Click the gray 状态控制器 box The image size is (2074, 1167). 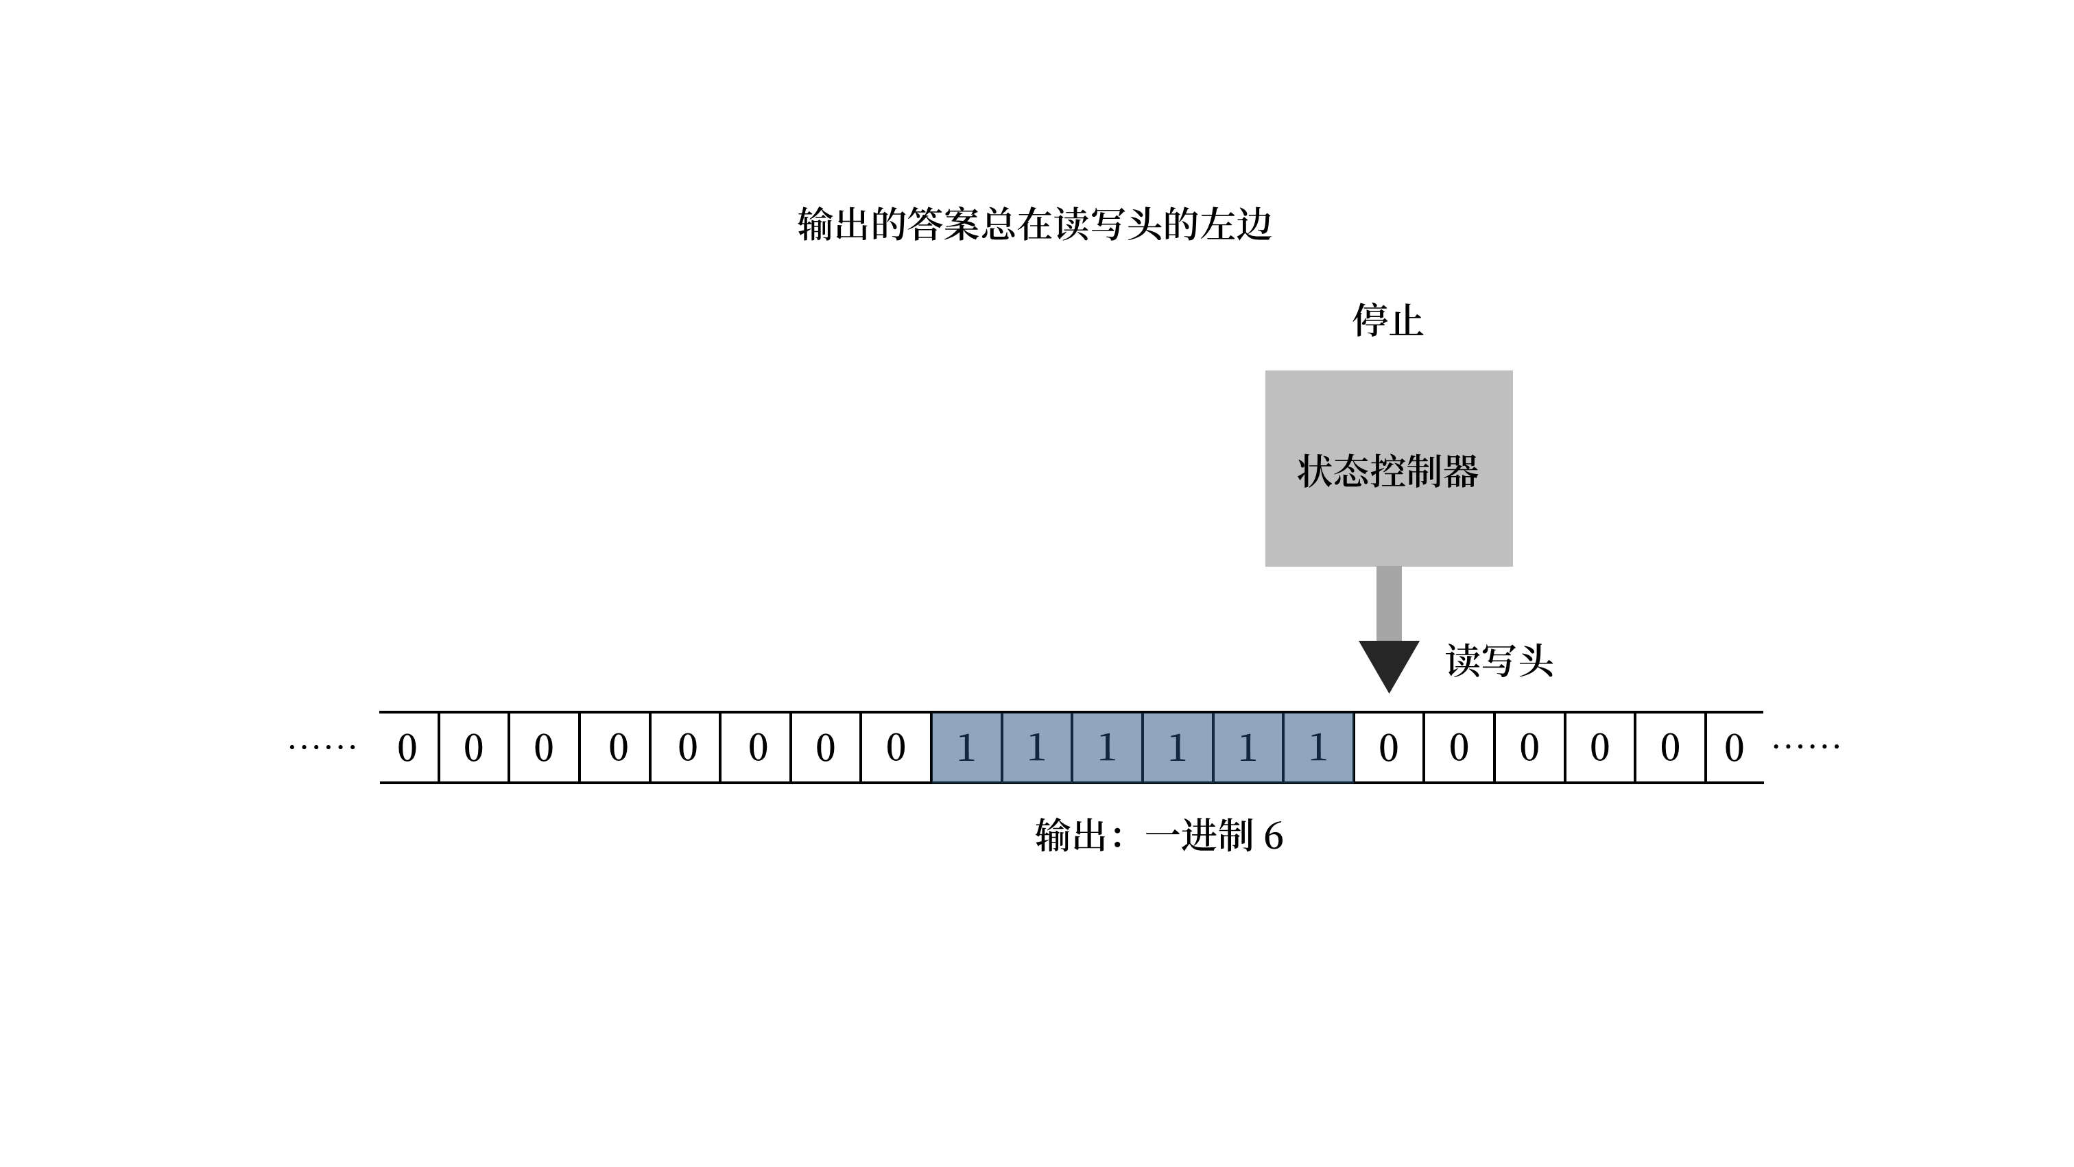click(1388, 468)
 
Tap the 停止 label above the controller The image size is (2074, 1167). click(1387, 320)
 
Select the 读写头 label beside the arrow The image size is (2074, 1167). click(1499, 661)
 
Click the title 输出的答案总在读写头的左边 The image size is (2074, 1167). click(1034, 224)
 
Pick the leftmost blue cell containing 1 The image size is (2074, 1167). click(966, 747)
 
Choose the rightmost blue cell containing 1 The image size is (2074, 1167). click(1318, 747)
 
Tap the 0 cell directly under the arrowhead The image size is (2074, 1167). click(1388, 747)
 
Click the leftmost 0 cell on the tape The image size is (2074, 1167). click(408, 747)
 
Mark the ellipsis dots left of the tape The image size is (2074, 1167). click(322, 746)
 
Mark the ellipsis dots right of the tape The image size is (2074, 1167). click(1806, 746)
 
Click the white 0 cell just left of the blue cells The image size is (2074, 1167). click(895, 747)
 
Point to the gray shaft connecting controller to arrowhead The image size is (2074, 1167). click(1388, 603)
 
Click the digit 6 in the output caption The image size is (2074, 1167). click(1273, 836)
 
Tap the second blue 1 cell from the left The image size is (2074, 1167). click(1036, 747)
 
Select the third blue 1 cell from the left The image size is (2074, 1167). click(1106, 747)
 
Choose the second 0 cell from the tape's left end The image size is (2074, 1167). click(473, 747)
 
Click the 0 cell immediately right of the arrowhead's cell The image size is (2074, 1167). click(1458, 747)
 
